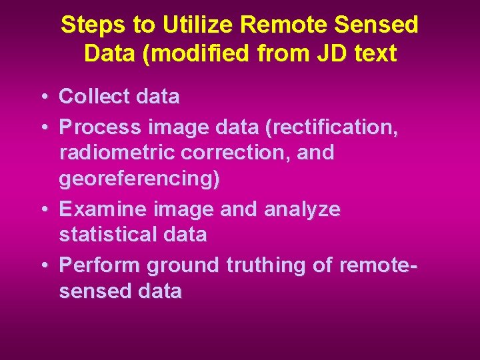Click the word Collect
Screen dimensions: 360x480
(x=94, y=97)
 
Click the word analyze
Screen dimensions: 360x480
(x=302, y=209)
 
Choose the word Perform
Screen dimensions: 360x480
(x=100, y=265)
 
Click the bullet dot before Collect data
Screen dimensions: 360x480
(x=43, y=97)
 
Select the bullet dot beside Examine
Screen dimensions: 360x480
(x=43, y=210)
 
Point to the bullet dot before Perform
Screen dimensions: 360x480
(x=43, y=266)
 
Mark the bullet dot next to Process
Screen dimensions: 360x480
(x=43, y=126)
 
